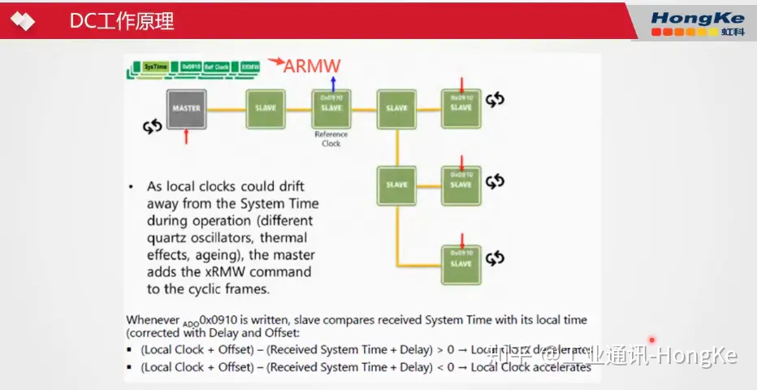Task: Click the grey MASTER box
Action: click(186, 108)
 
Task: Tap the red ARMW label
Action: click(312, 66)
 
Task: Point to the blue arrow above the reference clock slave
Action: click(331, 80)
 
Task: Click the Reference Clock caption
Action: click(331, 139)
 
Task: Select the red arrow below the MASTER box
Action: click(186, 136)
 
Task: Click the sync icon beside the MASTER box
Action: click(152, 127)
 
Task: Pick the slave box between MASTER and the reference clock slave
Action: click(266, 108)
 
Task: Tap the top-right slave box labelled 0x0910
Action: click(461, 108)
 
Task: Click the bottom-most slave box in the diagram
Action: click(461, 263)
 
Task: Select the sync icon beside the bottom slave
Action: click(495, 258)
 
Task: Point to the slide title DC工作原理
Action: click(122, 22)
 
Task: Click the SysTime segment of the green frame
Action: click(154, 66)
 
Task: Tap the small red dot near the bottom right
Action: click(651, 340)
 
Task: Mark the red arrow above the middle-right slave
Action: click(461, 160)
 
